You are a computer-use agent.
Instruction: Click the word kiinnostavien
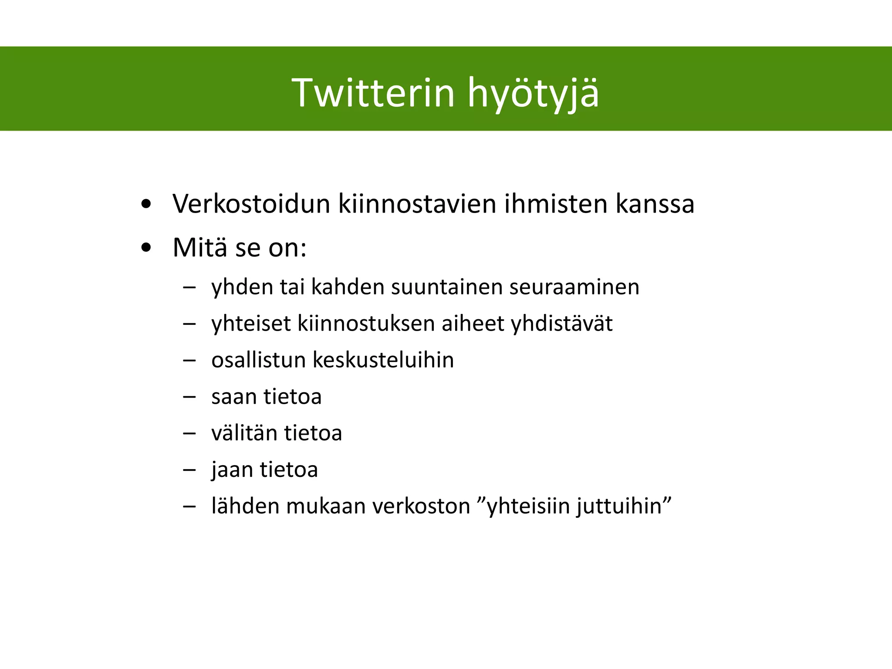pos(417,203)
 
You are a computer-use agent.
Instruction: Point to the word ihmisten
pos(555,203)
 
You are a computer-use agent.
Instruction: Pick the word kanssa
pos(655,204)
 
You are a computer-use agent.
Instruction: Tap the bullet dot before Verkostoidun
pos(146,204)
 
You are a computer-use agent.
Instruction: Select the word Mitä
pos(199,247)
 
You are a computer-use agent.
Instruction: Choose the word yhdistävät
pos(561,324)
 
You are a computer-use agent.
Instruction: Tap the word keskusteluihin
pos(383,360)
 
